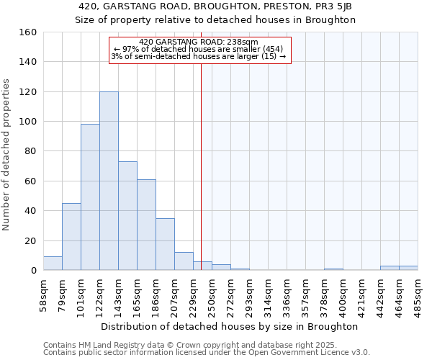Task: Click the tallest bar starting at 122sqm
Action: pos(109,181)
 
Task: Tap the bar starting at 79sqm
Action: pos(71,237)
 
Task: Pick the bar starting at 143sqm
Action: pos(127,216)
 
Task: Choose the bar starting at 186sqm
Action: pos(165,244)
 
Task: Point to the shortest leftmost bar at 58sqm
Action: pos(53,264)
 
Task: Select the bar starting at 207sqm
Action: pos(184,261)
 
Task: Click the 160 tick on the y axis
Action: pos(28,32)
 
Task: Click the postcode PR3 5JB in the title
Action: pos(336,6)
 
